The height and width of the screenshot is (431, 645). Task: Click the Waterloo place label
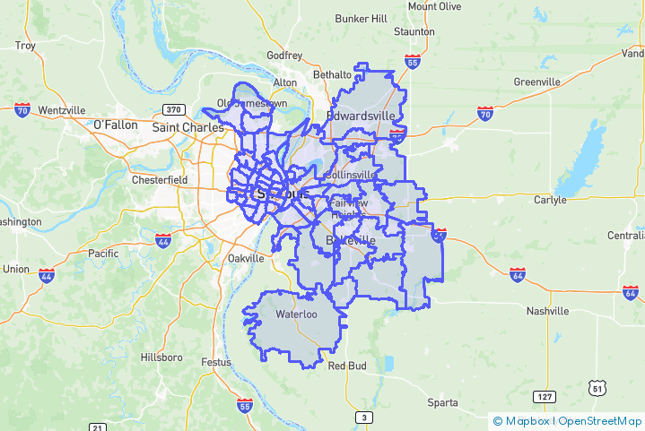tap(296, 315)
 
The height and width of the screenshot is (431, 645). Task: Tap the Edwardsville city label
tap(360, 116)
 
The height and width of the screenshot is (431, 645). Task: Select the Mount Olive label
tap(434, 6)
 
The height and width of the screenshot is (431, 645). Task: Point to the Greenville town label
tap(537, 82)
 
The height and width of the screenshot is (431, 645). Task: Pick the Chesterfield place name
tap(160, 179)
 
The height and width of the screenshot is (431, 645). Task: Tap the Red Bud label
tap(347, 366)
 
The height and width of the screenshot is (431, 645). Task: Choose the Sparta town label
tap(442, 402)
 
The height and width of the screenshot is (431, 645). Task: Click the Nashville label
tap(547, 311)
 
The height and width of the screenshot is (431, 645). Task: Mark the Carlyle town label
tap(550, 200)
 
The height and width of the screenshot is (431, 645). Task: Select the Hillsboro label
tap(161, 358)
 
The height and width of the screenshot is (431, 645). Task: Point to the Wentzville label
tap(61, 110)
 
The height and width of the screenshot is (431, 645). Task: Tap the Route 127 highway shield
tap(544, 396)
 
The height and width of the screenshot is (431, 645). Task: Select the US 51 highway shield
tap(597, 387)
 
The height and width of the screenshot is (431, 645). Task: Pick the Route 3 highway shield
tap(363, 418)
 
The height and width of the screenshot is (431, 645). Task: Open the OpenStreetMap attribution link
tap(600, 421)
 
